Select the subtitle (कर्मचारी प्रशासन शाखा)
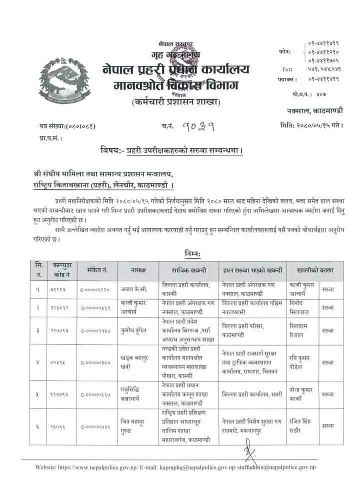click(x=172, y=103)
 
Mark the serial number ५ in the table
click(x=38, y=394)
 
